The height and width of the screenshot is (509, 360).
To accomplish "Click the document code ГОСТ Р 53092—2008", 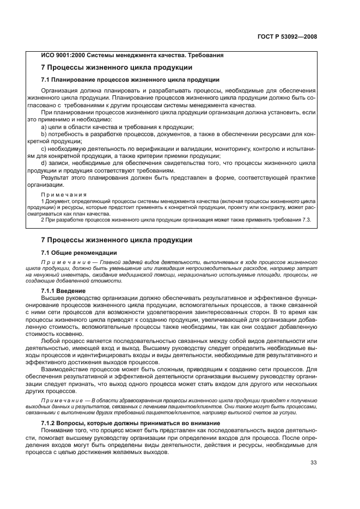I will click(x=286, y=36).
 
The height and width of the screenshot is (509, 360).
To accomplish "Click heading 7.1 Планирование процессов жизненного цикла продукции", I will click(x=126, y=79).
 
